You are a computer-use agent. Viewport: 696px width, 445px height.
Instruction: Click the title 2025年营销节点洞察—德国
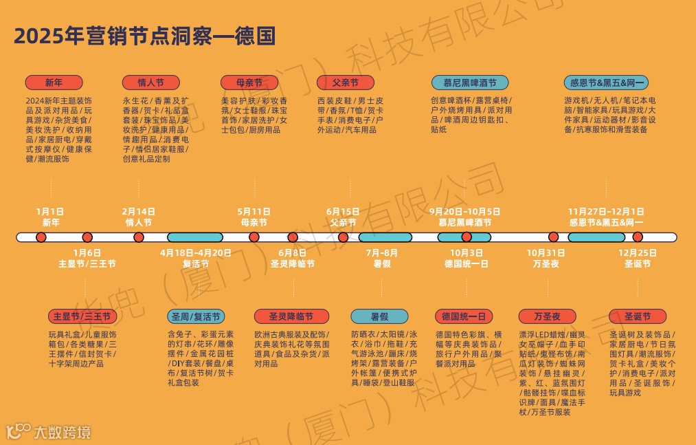click(x=144, y=36)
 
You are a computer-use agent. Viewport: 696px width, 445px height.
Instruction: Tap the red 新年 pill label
click(x=54, y=83)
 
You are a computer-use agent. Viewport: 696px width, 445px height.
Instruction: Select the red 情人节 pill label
click(x=150, y=83)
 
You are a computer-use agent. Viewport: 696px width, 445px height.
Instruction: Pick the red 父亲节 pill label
click(x=345, y=83)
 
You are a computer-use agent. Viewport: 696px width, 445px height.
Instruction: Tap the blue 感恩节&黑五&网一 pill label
click(x=607, y=83)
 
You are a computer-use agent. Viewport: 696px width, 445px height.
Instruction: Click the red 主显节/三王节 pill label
click(x=82, y=316)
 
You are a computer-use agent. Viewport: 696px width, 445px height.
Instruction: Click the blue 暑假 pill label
click(x=379, y=316)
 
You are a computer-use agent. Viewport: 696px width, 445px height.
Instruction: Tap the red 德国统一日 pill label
click(x=463, y=316)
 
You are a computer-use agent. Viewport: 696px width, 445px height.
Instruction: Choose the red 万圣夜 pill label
click(x=546, y=316)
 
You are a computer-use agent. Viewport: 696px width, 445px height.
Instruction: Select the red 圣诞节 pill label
click(x=637, y=316)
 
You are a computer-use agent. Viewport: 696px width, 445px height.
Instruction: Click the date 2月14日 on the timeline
click(x=138, y=212)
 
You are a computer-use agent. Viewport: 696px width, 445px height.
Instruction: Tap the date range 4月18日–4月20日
click(x=196, y=253)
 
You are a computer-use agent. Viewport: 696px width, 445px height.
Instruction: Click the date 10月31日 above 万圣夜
click(x=546, y=253)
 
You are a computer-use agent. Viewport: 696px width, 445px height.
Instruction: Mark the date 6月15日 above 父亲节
click(x=343, y=212)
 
